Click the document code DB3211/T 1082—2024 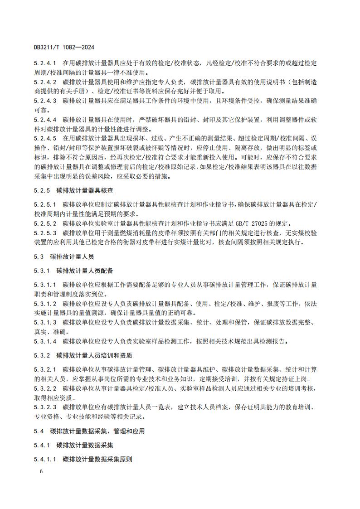(64, 47)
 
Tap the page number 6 (41, 471)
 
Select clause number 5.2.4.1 (45, 63)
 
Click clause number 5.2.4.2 (45, 82)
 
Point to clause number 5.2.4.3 (45, 101)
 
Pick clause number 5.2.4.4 (45, 120)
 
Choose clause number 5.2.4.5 (45, 139)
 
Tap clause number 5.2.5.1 (45, 204)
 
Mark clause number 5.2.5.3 (45, 233)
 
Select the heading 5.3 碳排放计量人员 (64, 257)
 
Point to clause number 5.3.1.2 (45, 303)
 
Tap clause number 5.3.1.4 (45, 341)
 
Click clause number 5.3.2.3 (45, 407)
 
